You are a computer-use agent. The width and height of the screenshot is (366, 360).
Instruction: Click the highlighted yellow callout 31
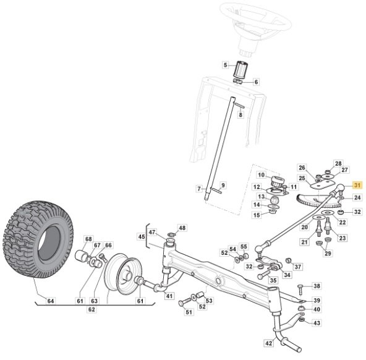pos(357,185)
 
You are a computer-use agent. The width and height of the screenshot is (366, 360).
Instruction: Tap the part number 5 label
pos(225,65)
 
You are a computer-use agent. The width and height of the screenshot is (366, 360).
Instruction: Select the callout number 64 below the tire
pos(51,301)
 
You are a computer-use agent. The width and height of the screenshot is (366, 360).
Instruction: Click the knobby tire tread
pos(38,239)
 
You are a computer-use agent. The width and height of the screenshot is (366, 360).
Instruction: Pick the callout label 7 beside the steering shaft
pos(199,189)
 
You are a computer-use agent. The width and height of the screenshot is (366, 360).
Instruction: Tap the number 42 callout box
pos(269,343)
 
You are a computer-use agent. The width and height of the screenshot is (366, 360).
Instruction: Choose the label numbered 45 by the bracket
pos(142,236)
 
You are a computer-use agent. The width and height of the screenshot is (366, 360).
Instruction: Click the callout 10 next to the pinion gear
pos(261,175)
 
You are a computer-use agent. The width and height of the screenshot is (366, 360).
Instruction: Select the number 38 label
pos(317,286)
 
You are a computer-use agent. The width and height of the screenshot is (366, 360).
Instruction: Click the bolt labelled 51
pos(185,302)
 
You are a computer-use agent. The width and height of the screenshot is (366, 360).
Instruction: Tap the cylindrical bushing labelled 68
pos(81,256)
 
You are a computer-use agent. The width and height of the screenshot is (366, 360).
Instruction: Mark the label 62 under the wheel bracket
pos(91,309)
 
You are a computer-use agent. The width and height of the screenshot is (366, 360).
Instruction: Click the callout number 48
pos(182,228)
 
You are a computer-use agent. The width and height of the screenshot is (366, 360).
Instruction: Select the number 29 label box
pos(328,254)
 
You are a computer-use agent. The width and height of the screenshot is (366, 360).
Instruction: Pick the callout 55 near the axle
pos(244,247)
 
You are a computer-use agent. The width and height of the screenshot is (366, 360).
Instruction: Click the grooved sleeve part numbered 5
pos(240,69)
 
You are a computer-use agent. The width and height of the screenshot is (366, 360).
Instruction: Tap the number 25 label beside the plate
pos(302,178)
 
